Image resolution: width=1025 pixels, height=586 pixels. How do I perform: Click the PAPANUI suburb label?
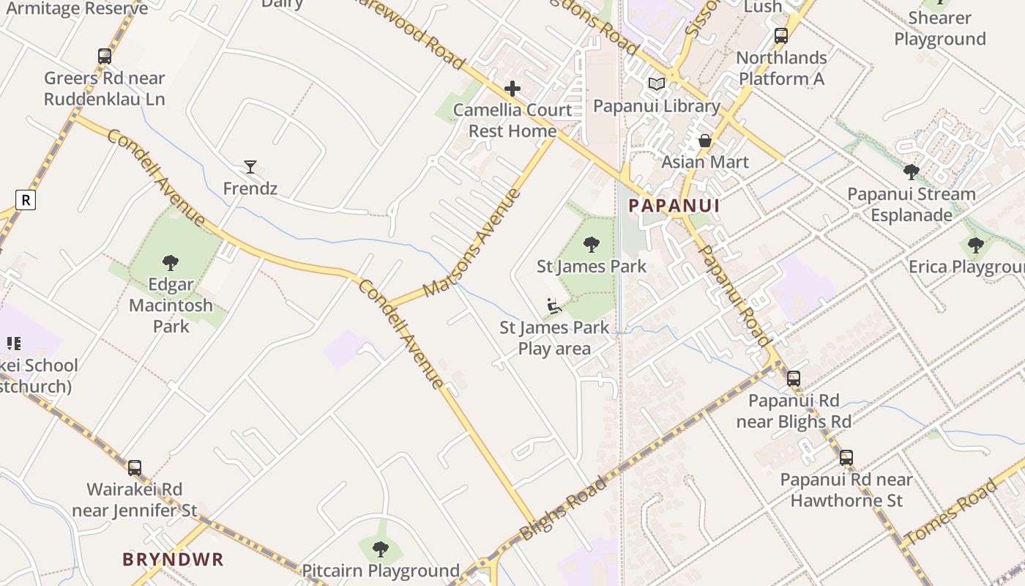[x=674, y=206]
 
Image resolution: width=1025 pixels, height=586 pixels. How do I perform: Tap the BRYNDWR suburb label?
[x=173, y=560]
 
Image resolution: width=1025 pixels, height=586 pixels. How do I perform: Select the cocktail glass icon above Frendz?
[x=250, y=167]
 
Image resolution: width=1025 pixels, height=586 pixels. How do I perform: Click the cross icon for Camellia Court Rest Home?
[x=512, y=89]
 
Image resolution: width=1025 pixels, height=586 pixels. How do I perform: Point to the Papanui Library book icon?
[x=657, y=84]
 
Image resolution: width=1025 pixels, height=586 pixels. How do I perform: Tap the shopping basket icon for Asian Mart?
[x=705, y=140]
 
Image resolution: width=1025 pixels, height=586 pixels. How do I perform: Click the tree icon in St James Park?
[x=592, y=245]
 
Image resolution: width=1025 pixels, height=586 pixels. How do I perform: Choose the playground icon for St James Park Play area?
[x=554, y=305]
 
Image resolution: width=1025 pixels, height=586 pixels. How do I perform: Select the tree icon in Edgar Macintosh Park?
[x=171, y=262]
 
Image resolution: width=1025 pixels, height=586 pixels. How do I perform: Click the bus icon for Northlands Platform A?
[x=781, y=36]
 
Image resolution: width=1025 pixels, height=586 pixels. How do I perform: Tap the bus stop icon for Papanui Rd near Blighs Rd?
[x=794, y=379]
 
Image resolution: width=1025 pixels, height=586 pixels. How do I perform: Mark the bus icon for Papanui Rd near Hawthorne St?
[x=846, y=458]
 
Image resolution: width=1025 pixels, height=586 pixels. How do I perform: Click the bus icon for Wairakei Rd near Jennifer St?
[x=135, y=467]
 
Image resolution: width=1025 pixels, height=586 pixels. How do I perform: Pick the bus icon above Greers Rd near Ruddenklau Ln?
[x=105, y=56]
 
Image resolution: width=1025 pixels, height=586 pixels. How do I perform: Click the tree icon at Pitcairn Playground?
[x=380, y=549]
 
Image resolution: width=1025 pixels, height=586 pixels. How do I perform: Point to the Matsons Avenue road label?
[x=473, y=242]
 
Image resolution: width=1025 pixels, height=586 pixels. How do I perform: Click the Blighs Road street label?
[x=564, y=508]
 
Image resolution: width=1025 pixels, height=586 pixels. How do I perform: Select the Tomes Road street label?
[x=952, y=512]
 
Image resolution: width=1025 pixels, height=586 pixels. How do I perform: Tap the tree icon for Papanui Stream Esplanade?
[x=912, y=172]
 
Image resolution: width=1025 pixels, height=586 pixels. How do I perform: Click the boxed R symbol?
[x=26, y=199]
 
